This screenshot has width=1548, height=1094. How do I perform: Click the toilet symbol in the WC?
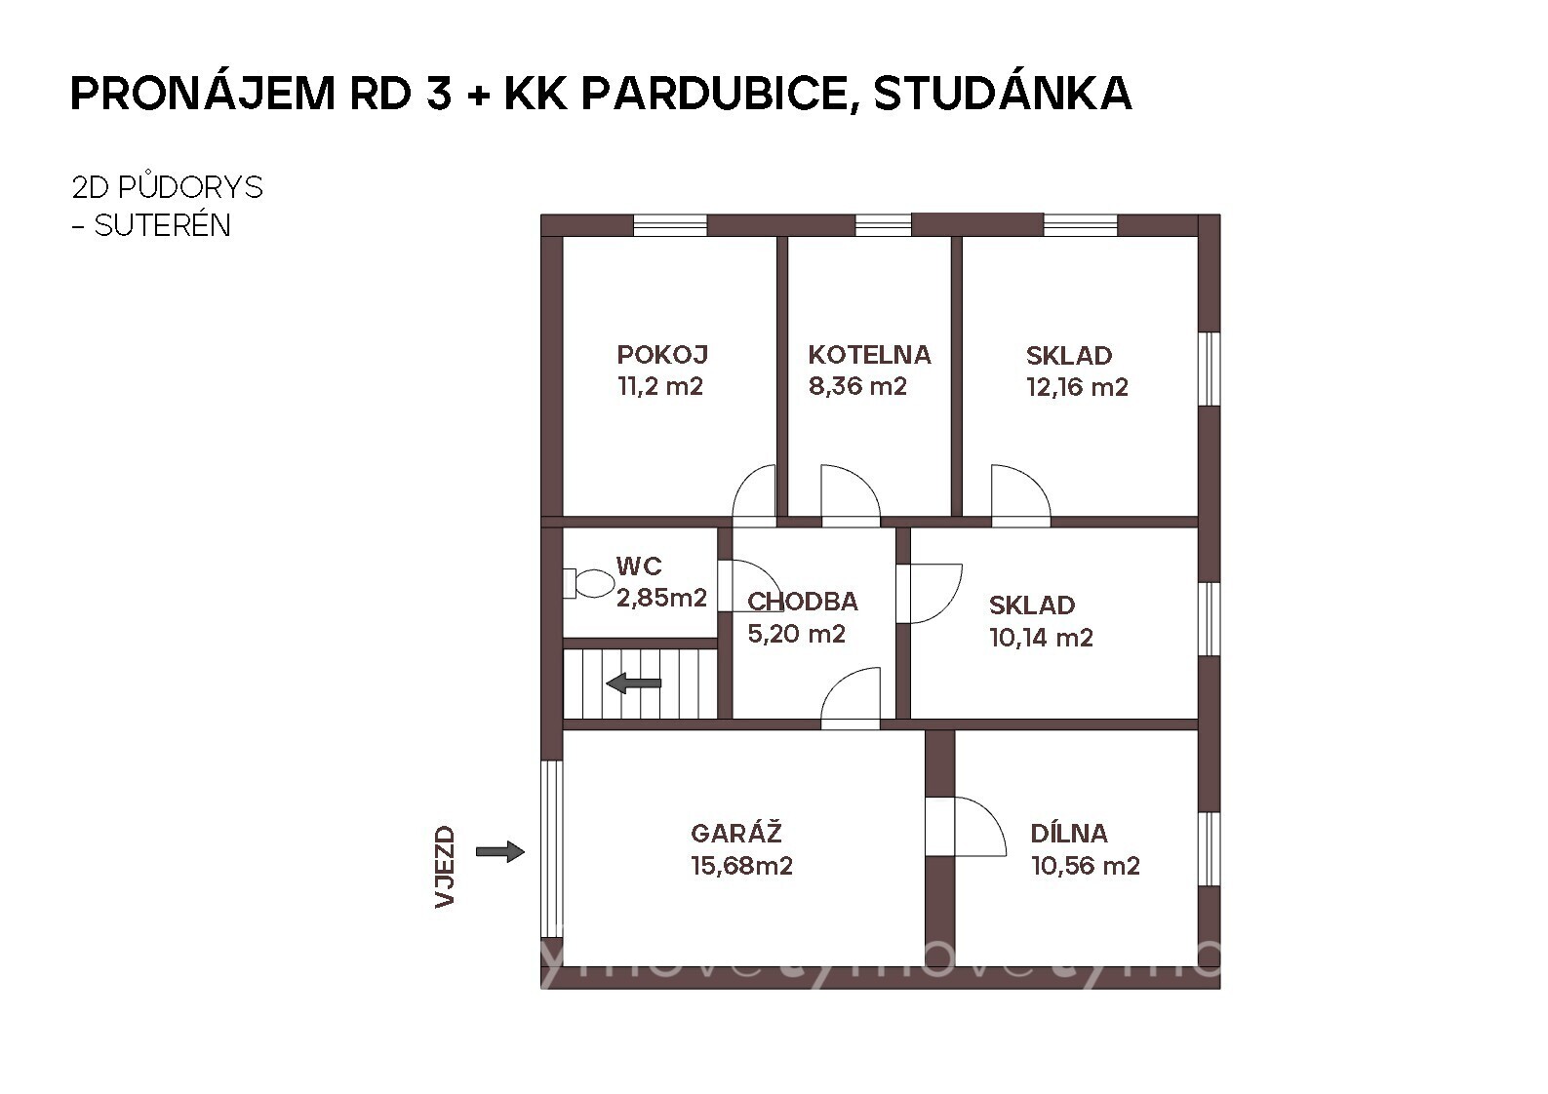[x=587, y=583]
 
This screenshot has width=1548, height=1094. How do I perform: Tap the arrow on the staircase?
[x=634, y=684]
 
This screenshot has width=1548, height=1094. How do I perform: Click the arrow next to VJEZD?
[x=500, y=851]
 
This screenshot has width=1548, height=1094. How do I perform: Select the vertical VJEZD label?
[x=445, y=867]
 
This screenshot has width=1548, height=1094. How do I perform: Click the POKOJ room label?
[x=662, y=355]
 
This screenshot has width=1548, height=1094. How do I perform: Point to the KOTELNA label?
[x=869, y=355]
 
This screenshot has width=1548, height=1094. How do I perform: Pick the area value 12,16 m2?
[x=1077, y=387]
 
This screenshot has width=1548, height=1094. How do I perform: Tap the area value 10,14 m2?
[x=1041, y=638]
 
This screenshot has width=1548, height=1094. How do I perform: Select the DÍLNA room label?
[x=1069, y=833]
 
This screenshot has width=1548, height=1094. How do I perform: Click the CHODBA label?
[x=803, y=602]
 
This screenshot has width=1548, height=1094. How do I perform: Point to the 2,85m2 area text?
[x=661, y=598]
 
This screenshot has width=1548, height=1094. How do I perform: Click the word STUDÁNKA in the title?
[x=1003, y=94]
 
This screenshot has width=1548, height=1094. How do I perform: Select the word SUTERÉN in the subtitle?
[x=162, y=225]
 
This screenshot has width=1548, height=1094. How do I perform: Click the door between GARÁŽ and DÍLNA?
[x=966, y=827]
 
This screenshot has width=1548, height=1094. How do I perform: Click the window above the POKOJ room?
[x=670, y=225]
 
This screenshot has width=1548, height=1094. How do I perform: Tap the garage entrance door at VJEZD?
[x=551, y=849]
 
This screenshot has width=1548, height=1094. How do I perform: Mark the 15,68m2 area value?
[x=741, y=866]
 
